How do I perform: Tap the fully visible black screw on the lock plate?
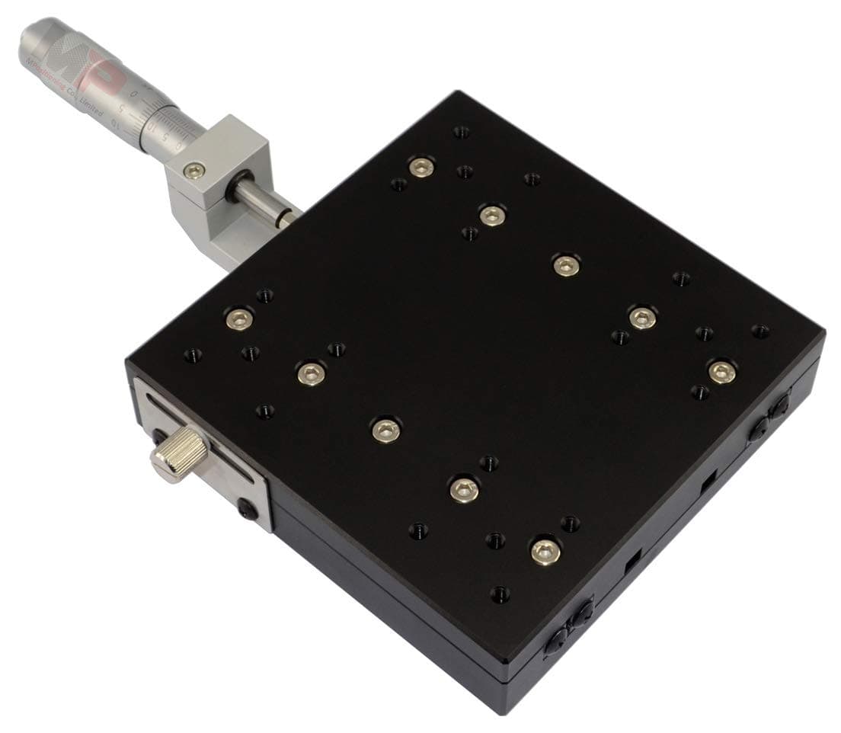pos(246,509)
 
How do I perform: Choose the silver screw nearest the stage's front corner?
pos(545,552)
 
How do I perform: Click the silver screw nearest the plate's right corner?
pos(721,372)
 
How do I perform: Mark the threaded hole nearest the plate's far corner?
pos(460,132)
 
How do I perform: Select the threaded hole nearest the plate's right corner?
pos(759,331)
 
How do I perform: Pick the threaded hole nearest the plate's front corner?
pos(500,594)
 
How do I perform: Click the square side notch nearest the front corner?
pos(632,565)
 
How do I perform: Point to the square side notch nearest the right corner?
pos(706,482)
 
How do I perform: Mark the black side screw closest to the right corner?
pos(779,408)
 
